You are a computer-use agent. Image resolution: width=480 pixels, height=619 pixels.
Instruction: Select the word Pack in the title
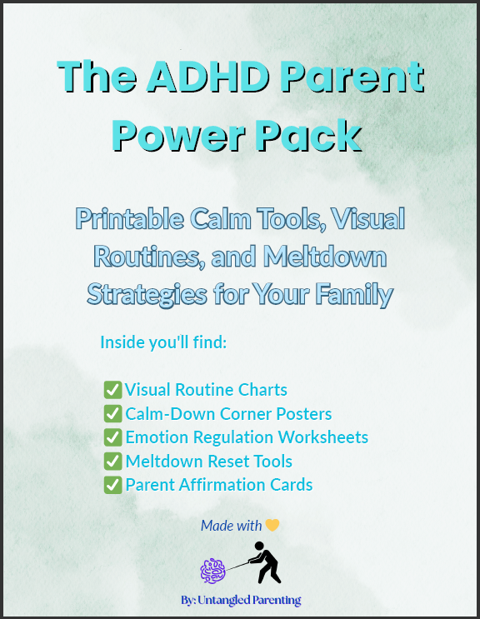(x=307, y=135)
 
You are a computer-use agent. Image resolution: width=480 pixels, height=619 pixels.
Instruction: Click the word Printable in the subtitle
(x=129, y=219)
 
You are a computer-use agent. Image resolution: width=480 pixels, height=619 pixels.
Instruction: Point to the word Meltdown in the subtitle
(x=324, y=257)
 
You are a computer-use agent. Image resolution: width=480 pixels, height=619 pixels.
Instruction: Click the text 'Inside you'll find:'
(x=163, y=342)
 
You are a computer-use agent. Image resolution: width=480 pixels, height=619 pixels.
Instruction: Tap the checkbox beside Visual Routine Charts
(x=112, y=390)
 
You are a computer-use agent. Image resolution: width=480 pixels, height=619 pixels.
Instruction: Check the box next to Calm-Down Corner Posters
(x=112, y=413)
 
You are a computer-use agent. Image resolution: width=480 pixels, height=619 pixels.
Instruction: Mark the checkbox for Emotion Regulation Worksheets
(x=112, y=437)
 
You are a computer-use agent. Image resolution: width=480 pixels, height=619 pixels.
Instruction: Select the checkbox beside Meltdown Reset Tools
(x=112, y=461)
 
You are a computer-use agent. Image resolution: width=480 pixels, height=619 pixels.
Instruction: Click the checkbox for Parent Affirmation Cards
(x=112, y=485)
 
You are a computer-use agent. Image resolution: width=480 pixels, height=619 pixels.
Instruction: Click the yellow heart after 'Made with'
(x=272, y=525)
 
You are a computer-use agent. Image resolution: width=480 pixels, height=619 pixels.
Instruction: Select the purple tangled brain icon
(x=212, y=571)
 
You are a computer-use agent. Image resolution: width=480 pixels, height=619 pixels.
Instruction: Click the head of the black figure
(x=259, y=546)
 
